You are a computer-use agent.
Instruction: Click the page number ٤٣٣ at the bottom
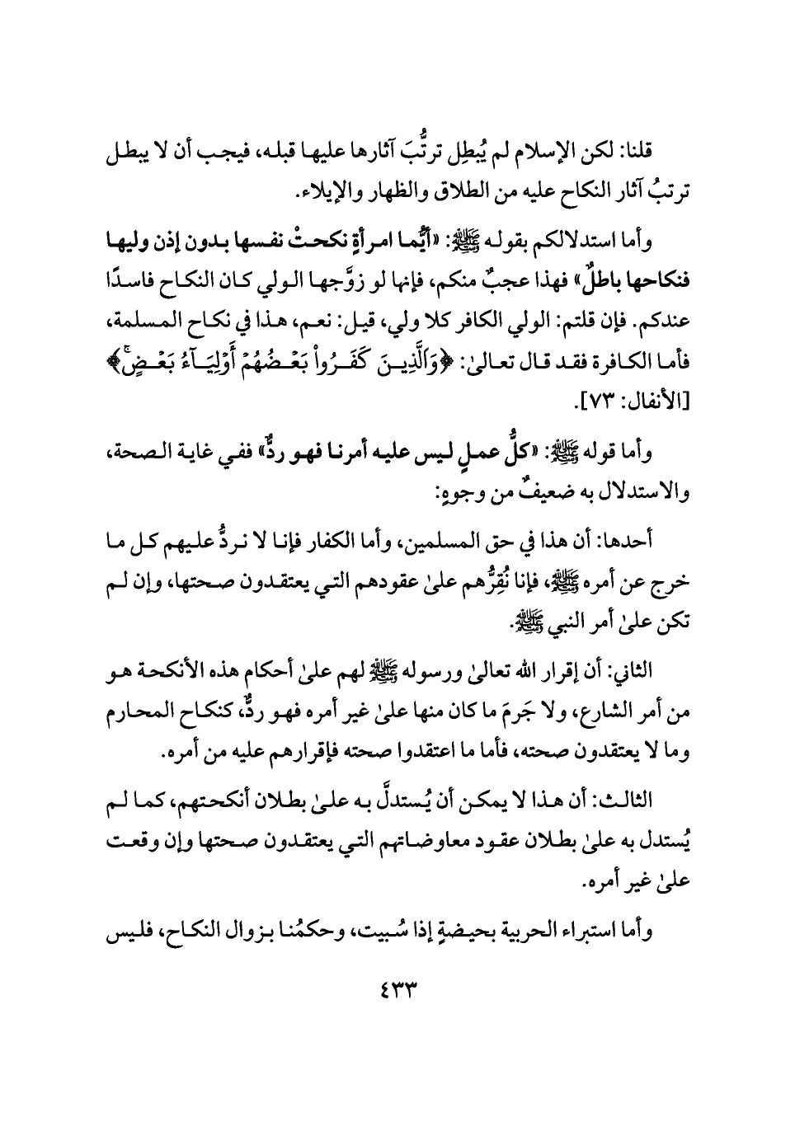coord(397,987)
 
